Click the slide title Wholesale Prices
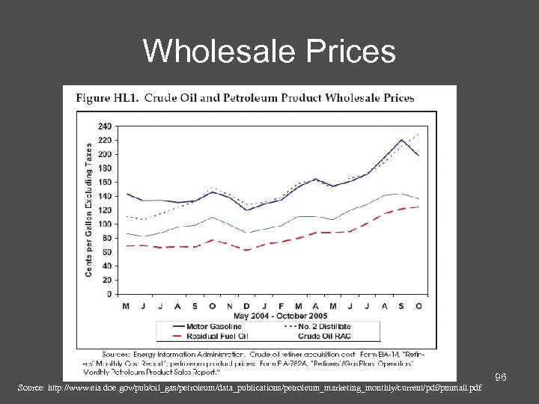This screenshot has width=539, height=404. [x=269, y=51]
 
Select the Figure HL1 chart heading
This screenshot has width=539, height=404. [x=244, y=98]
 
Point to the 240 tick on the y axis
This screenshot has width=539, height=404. [x=105, y=126]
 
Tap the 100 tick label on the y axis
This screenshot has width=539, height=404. [x=105, y=224]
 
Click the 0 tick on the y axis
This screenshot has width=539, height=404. [x=109, y=293]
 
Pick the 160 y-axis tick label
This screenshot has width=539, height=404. [x=105, y=182]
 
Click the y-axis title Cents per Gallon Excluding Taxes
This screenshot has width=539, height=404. [x=89, y=209]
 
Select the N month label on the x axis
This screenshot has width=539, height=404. [x=230, y=304]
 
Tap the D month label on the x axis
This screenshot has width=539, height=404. [x=247, y=304]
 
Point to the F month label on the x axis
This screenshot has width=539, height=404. [x=281, y=304]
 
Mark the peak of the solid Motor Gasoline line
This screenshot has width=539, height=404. [x=401, y=140]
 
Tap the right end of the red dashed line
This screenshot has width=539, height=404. [x=418, y=206]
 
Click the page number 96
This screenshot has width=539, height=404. [x=501, y=379]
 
